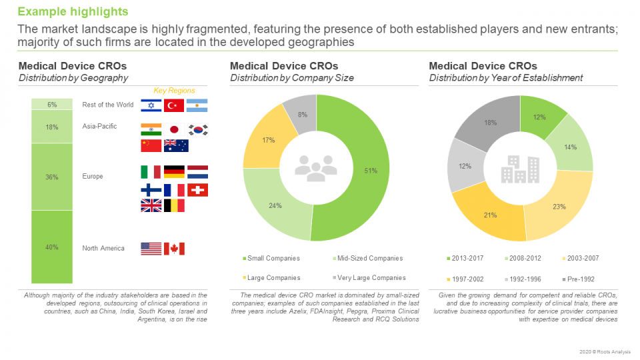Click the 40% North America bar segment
pyautogui.click(x=52, y=247)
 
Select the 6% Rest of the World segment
pyautogui.click(x=52, y=105)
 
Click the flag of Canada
pyautogui.click(x=174, y=249)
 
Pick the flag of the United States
pyautogui.click(x=151, y=249)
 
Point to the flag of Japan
pyautogui.click(x=174, y=129)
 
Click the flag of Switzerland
pyautogui.click(x=197, y=190)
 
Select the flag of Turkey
pyautogui.click(x=174, y=105)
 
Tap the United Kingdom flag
pyautogui.click(x=151, y=205)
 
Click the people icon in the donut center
pyautogui.click(x=316, y=167)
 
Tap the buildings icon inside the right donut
pyautogui.click(x=520, y=169)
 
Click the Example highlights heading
pyautogui.click(x=73, y=12)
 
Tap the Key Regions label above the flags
pyautogui.click(x=174, y=90)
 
